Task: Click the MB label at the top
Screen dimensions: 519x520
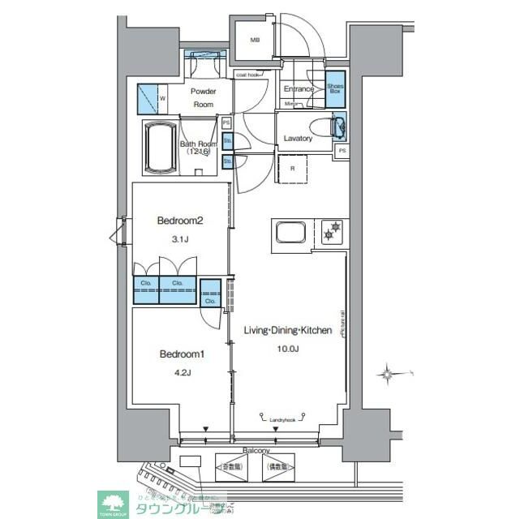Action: point(254,40)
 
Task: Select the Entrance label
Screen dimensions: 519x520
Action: point(299,88)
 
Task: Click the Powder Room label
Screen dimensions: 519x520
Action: point(203,97)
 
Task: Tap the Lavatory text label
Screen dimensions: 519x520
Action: point(298,139)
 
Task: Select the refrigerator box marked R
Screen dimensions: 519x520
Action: point(291,169)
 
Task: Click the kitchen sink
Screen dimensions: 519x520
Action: point(290,232)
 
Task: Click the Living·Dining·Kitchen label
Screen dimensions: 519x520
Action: point(288,331)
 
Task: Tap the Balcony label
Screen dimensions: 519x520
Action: point(256,450)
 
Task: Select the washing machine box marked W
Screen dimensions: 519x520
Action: point(151,100)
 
